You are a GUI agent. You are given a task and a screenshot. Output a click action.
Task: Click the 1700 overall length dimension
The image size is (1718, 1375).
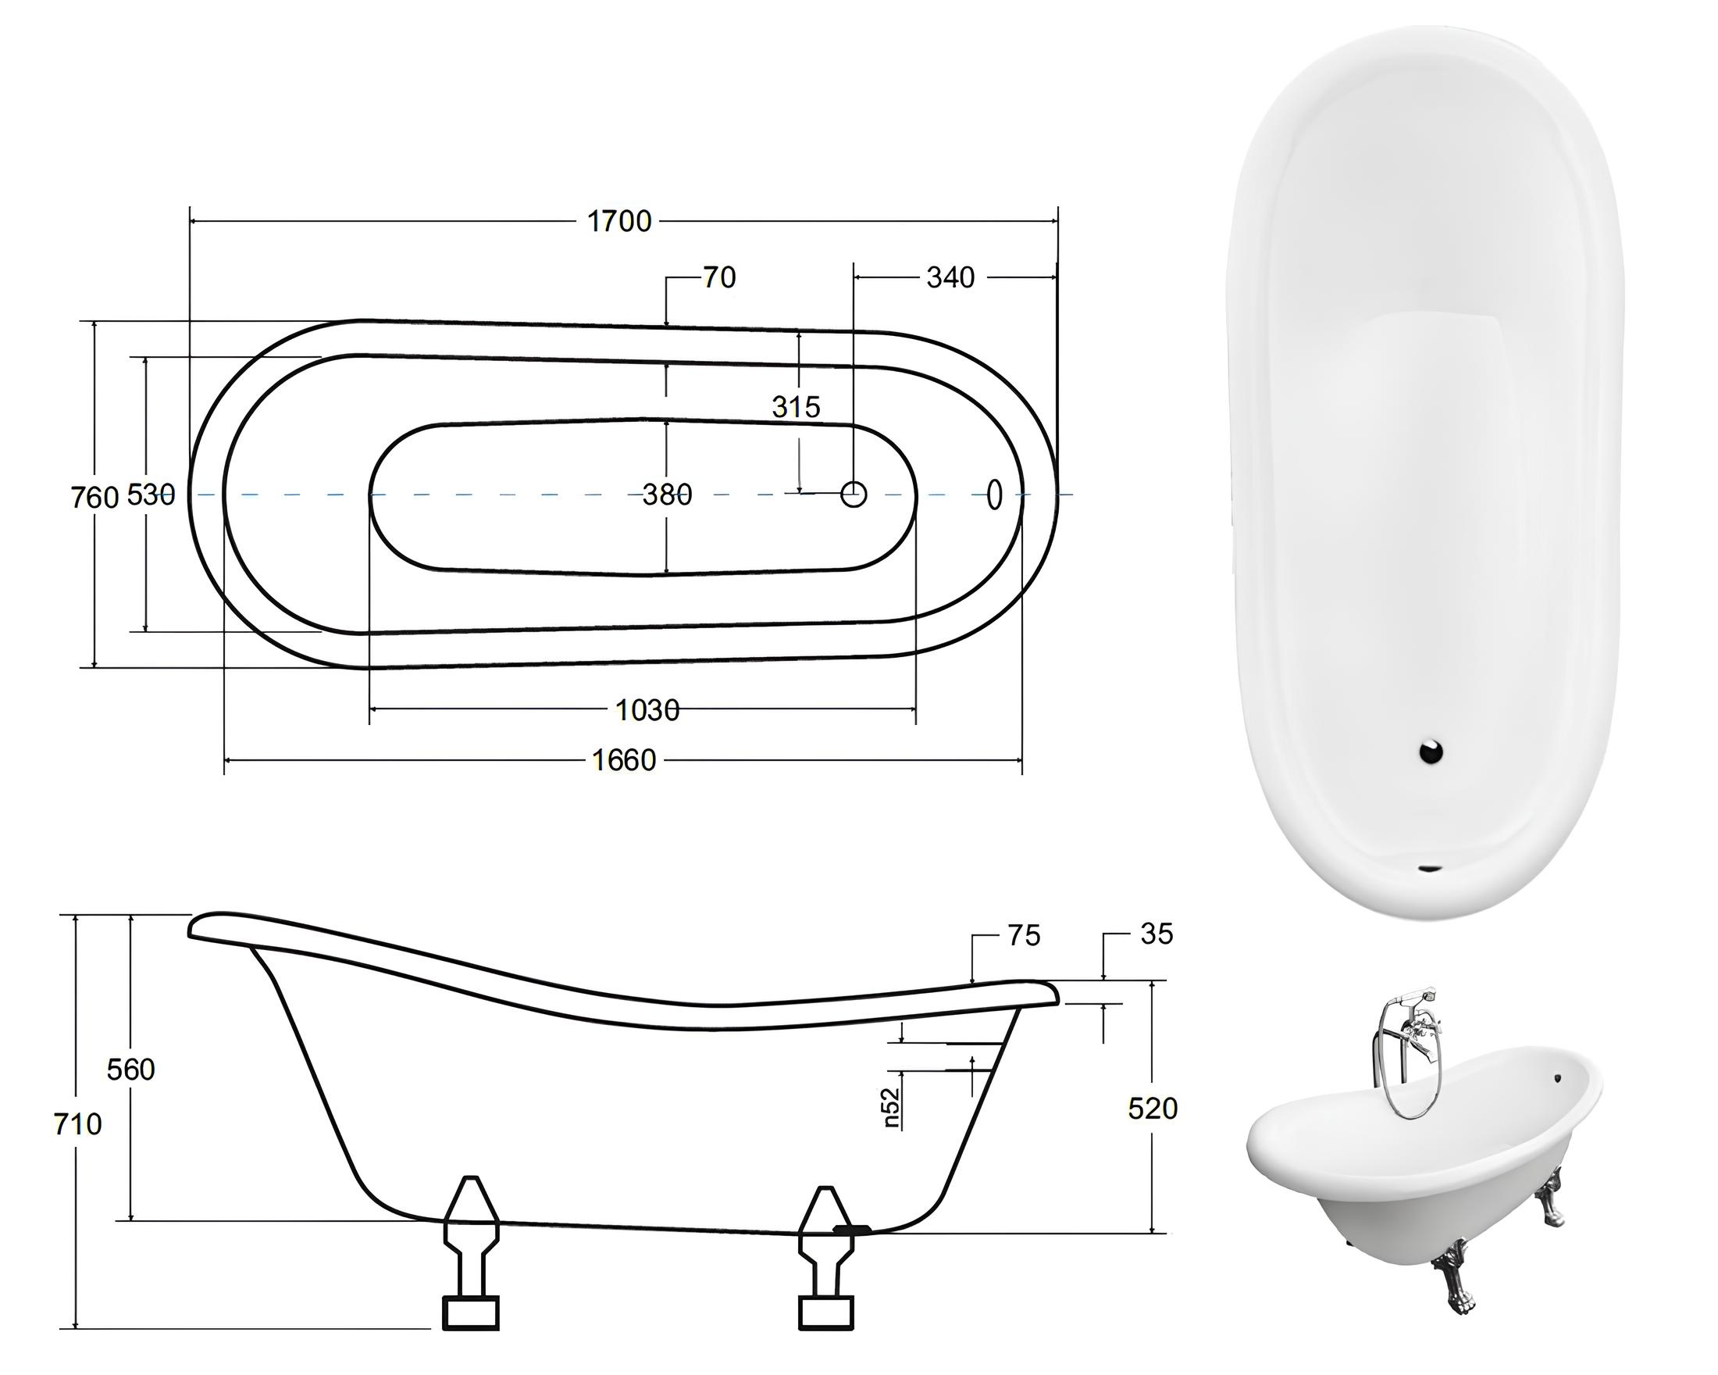click(x=619, y=222)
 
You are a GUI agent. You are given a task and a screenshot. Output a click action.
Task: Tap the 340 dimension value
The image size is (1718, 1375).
click(x=950, y=278)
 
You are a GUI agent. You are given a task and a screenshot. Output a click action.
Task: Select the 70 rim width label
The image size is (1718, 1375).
click(x=718, y=278)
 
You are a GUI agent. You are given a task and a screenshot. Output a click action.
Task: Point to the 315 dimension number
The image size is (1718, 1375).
click(x=795, y=407)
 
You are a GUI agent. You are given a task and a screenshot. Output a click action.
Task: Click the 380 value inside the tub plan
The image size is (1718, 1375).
click(x=667, y=495)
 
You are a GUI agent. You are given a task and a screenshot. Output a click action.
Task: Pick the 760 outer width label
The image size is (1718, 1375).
click(x=94, y=498)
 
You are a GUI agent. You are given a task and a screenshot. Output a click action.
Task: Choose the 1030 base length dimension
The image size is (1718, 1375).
click(x=647, y=709)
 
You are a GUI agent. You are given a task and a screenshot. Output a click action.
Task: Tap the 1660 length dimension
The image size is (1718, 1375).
click(x=624, y=760)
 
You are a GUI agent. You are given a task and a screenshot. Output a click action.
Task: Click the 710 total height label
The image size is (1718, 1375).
click(x=77, y=1125)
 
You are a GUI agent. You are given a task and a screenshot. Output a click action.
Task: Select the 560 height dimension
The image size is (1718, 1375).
click(x=130, y=1070)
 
